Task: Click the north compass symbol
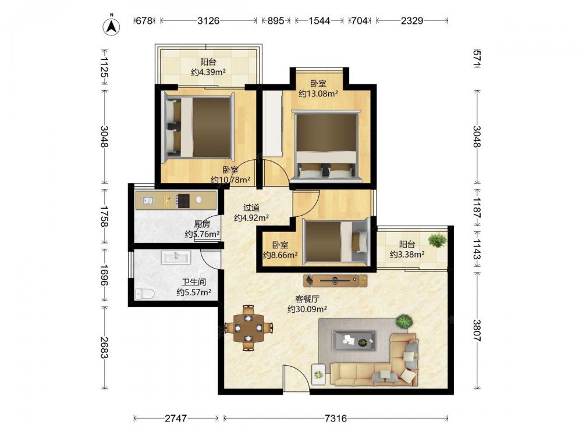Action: pos(111,26)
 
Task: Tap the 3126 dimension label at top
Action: pos(208,20)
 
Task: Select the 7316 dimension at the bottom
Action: pos(336,419)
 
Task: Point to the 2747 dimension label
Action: pos(176,419)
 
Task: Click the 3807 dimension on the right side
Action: pos(477,331)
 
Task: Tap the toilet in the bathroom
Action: pos(145,294)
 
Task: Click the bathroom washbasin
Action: pos(176,256)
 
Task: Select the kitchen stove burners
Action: pos(183,201)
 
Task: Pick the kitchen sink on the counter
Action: pos(147,201)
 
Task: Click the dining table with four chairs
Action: pos(249,328)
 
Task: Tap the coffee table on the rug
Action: pos(353,341)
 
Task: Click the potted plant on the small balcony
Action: pos(437,240)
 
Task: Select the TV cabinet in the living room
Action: pos(335,281)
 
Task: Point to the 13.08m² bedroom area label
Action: pos(318,94)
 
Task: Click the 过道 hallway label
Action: pos(251,208)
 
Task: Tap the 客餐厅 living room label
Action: pos(307,299)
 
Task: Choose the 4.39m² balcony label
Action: pos(208,72)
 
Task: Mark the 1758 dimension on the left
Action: pos(104,216)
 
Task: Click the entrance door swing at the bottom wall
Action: pos(296,377)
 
